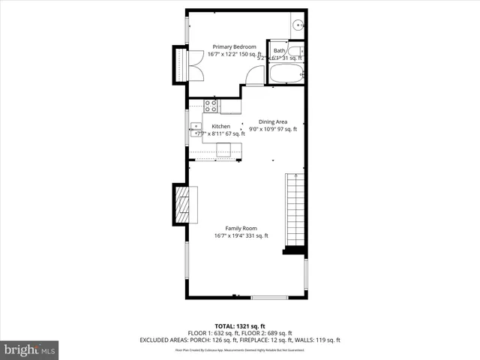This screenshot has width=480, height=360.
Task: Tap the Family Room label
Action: coord(241,228)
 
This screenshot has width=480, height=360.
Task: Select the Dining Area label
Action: coord(273,121)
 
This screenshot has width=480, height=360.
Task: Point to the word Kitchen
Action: coord(220,126)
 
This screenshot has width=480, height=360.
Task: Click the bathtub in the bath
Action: coord(286,74)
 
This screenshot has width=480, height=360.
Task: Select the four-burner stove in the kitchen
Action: coord(211,106)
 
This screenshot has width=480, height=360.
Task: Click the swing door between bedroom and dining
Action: coord(256,75)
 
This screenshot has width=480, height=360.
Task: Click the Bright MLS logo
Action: coord(30,350)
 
